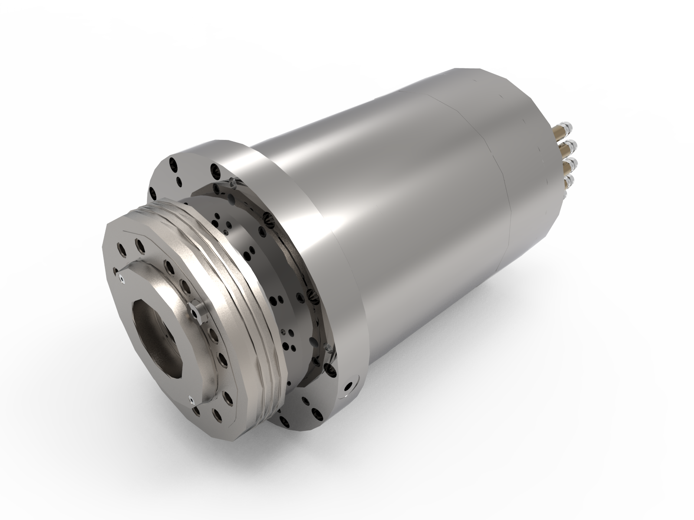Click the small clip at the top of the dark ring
click(231, 182)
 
